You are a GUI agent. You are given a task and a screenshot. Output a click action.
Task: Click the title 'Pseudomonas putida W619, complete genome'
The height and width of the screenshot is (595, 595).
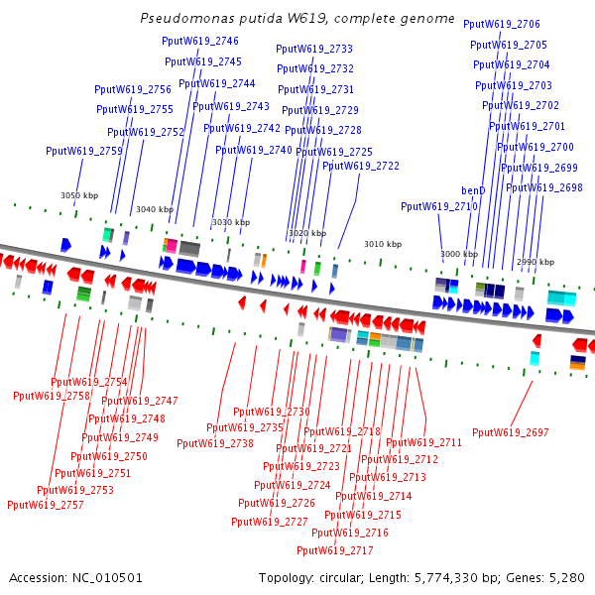click(297, 19)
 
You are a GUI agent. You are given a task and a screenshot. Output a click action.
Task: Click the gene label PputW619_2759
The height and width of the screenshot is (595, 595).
click(84, 151)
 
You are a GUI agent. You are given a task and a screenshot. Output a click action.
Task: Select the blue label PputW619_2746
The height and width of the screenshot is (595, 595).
click(201, 41)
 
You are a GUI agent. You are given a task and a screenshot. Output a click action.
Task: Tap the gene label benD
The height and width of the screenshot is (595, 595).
click(474, 189)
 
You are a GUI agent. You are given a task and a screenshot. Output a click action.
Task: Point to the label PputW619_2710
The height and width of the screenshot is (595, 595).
click(439, 206)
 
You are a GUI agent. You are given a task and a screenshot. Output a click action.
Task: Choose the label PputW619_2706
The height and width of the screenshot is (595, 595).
click(516, 24)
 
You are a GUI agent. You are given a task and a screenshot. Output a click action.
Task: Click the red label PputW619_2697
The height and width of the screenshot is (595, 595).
click(511, 432)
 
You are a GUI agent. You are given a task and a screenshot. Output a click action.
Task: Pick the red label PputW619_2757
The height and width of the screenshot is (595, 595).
click(46, 505)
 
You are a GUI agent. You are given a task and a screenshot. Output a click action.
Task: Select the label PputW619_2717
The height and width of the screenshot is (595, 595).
click(335, 550)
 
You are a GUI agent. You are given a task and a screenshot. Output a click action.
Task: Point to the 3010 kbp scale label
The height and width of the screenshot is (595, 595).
click(383, 244)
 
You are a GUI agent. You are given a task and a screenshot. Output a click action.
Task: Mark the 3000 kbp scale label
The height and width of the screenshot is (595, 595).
click(459, 254)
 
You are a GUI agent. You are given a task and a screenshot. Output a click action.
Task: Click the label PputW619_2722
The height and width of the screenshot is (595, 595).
click(361, 166)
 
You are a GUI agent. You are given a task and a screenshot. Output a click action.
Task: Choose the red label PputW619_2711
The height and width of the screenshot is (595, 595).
click(424, 442)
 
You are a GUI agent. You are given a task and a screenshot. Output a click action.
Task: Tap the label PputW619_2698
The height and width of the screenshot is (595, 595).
click(544, 187)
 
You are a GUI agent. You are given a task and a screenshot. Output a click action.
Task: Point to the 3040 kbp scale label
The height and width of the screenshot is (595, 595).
click(155, 209)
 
